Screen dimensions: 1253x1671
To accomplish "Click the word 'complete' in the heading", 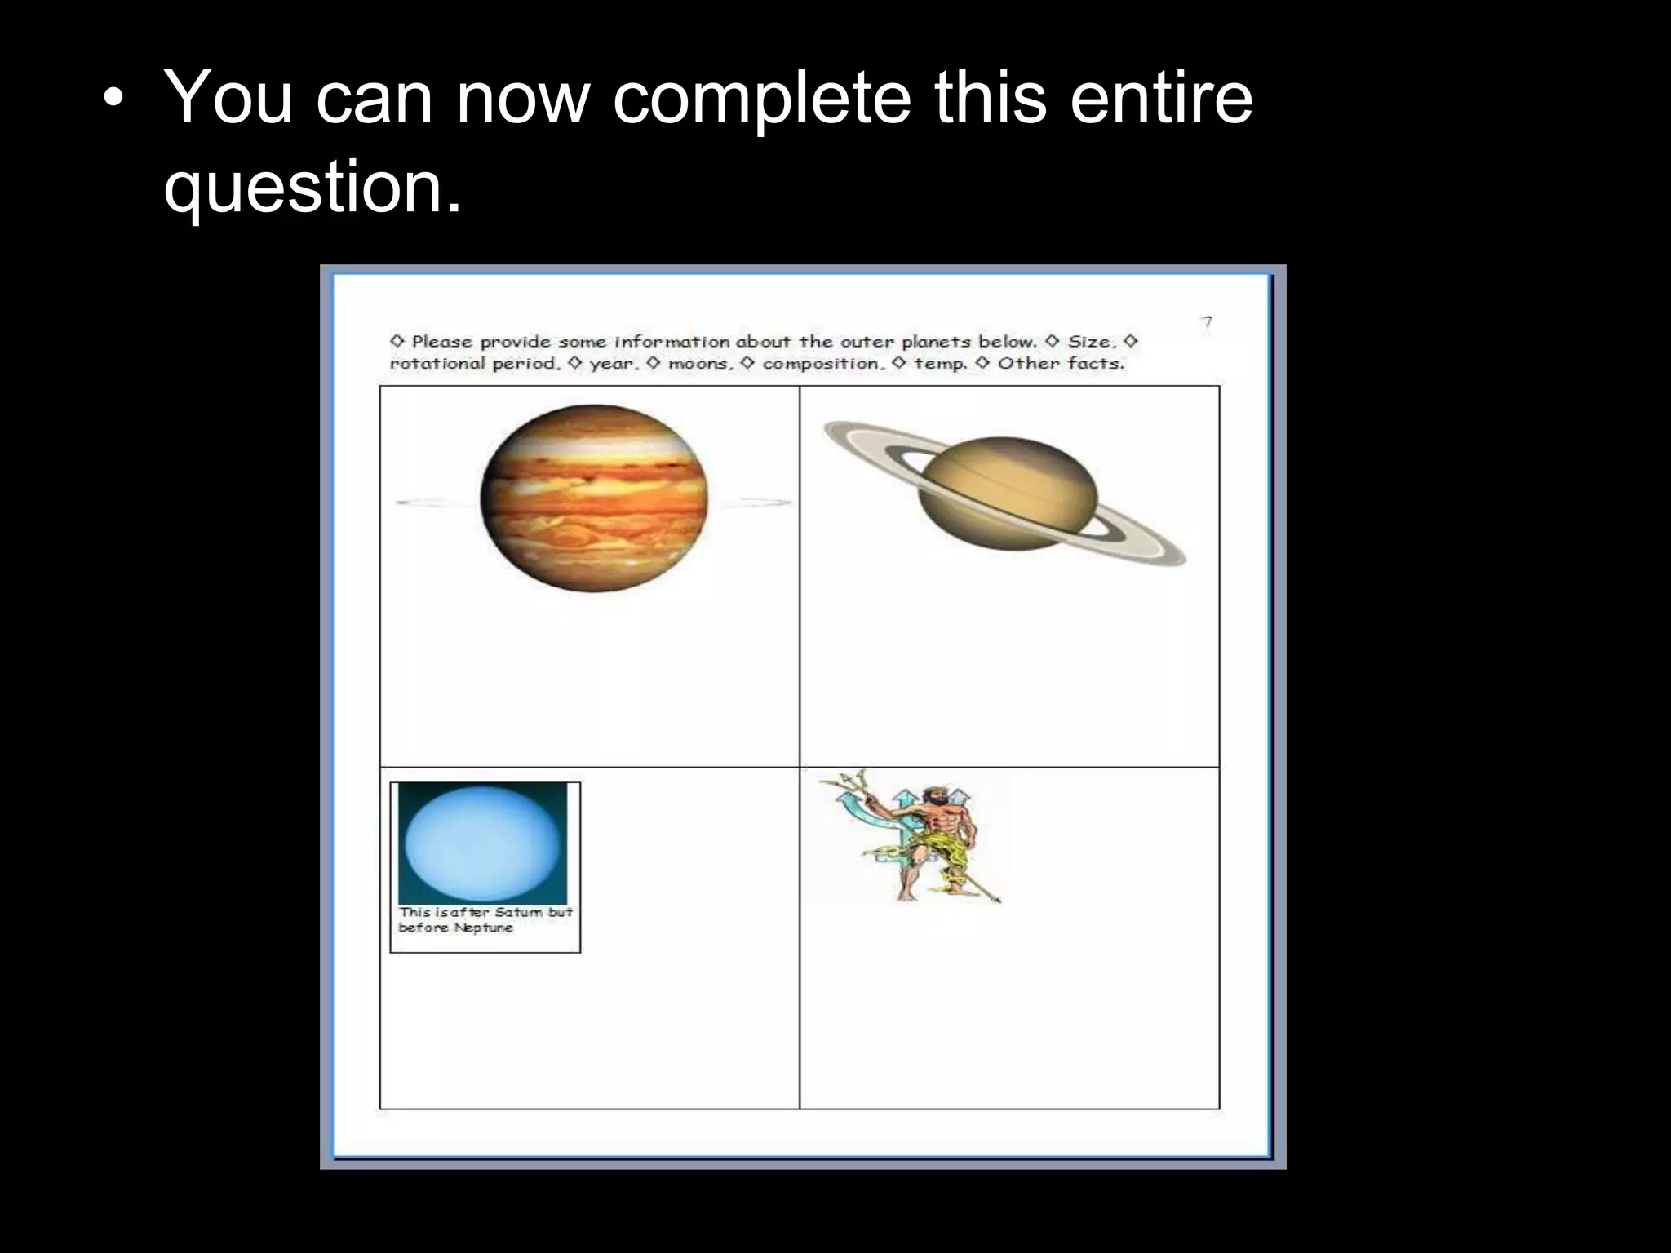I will coord(760,100).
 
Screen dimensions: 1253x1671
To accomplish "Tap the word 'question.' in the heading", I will coord(312,188).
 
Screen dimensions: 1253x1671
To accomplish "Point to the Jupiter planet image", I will coord(594,498).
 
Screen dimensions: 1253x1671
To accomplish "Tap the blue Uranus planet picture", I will coord(483,843).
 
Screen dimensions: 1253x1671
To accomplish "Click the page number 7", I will coord(1208,322).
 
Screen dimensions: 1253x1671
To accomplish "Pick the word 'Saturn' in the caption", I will coord(518,912).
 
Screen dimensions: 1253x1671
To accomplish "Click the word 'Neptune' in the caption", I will coord(483,928).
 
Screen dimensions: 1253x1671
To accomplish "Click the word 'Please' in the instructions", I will coord(441,342).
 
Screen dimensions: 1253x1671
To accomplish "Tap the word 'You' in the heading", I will coord(228,100).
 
